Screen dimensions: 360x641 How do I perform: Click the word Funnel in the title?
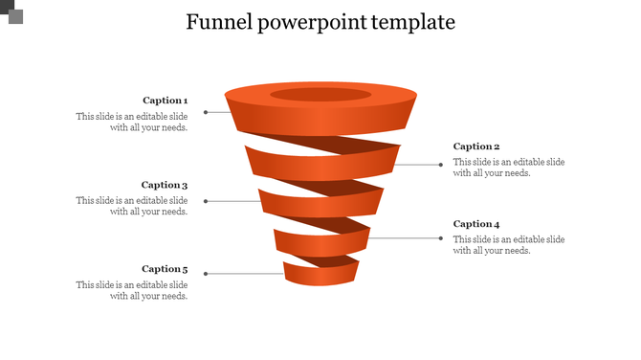click(x=218, y=22)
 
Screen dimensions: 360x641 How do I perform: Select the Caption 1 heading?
click(x=165, y=101)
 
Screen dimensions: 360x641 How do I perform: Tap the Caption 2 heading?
click(x=476, y=146)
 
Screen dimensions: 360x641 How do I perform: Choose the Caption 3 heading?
click(x=165, y=185)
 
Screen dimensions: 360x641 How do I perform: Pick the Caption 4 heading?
click(x=476, y=224)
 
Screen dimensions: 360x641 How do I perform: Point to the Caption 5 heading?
click(x=165, y=269)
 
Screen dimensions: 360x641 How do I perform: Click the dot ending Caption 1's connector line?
click(x=206, y=112)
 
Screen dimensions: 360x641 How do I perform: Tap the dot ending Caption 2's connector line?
click(x=441, y=165)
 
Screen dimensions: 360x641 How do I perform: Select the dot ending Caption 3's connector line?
click(x=206, y=201)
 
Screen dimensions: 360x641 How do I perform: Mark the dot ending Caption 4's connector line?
click(x=441, y=237)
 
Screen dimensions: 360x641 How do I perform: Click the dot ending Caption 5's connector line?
click(x=206, y=274)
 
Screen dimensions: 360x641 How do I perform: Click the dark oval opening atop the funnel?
click(x=320, y=94)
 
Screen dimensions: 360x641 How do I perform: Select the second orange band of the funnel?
click(x=320, y=165)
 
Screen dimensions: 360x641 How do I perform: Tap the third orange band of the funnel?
click(x=320, y=202)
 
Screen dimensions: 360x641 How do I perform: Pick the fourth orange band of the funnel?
click(x=320, y=239)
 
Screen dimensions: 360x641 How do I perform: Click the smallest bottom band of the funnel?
click(x=320, y=275)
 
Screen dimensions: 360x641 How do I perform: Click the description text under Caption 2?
click(x=508, y=168)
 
